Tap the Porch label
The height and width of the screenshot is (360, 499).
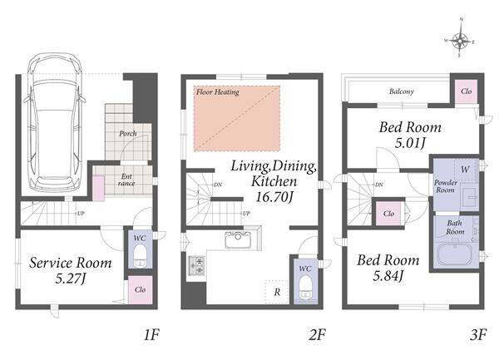pos(128,134)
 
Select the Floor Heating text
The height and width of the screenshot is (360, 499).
pos(218,92)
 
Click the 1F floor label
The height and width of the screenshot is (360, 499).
pos(151,335)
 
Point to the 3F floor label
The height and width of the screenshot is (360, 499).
pos(478,335)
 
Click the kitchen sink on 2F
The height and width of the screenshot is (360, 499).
pos(238,239)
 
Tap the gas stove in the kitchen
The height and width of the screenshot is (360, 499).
pos(195,265)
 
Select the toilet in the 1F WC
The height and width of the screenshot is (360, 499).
pos(140,255)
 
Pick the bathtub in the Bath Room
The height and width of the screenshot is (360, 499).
pos(456,255)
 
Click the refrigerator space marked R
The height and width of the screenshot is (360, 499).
pos(277,292)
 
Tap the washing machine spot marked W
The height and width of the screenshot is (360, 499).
pos(465,170)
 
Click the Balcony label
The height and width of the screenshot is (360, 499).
pos(402,91)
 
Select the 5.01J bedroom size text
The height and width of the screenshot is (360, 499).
pos(410,143)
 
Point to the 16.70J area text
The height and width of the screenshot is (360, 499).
pos(274,197)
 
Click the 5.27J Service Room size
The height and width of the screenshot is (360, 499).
pos(71,279)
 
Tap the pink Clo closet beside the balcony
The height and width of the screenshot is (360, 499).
pos(467,91)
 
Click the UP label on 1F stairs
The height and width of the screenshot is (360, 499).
pos(81,214)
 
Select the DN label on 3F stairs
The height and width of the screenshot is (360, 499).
pos(379,185)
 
